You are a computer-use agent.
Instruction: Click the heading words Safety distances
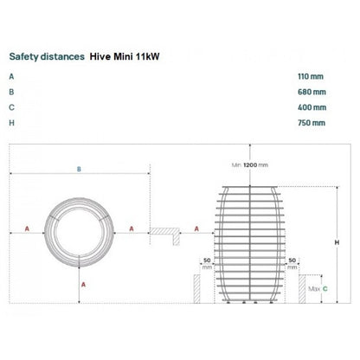tap(47, 56)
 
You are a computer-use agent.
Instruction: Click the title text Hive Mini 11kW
tap(125, 56)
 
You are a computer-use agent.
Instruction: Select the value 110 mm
tap(311, 76)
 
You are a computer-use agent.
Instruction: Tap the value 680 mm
tap(312, 92)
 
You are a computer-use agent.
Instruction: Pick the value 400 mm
tap(312, 107)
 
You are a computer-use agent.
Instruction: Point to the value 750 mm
tap(312, 123)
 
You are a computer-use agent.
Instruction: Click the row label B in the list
tap(11, 92)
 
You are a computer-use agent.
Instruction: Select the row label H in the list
tap(11, 123)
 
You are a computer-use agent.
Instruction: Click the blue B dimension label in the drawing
tap(79, 170)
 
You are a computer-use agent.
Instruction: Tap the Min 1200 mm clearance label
tap(250, 165)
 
